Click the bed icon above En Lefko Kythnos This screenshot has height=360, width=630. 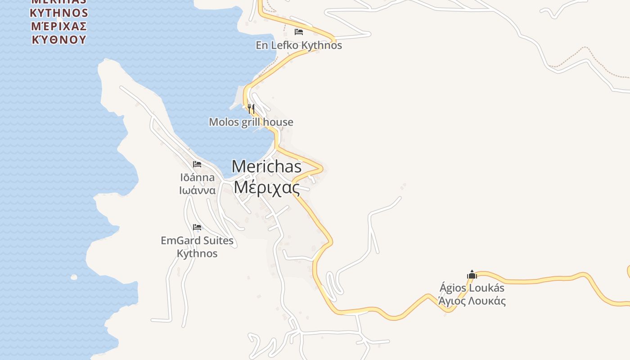click(x=298, y=32)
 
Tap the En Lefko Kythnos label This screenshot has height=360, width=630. click(x=299, y=45)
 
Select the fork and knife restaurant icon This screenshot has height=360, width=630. click(x=251, y=108)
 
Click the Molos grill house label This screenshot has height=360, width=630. click(x=251, y=122)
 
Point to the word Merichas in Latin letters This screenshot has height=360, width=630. click(x=266, y=166)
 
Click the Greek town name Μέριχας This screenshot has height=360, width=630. click(x=267, y=187)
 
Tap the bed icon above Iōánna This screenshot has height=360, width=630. click(x=197, y=164)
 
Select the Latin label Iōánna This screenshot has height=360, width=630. click(x=197, y=177)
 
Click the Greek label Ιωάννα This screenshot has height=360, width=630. click(x=197, y=190)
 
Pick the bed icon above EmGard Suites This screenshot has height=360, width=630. click(x=197, y=227)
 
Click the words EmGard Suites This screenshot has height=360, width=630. click(x=197, y=241)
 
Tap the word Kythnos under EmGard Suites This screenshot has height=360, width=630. click(x=197, y=254)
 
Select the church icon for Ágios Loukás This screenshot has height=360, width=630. click(x=472, y=274)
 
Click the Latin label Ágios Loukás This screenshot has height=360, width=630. click(x=472, y=288)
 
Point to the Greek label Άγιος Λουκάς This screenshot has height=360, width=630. click(x=472, y=301)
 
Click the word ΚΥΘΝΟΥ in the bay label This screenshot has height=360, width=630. click(x=59, y=39)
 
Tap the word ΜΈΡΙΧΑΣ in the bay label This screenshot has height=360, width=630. click(x=59, y=26)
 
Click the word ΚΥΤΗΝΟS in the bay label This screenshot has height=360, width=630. click(x=59, y=12)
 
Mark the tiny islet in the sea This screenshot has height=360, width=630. click(x=74, y=277)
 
